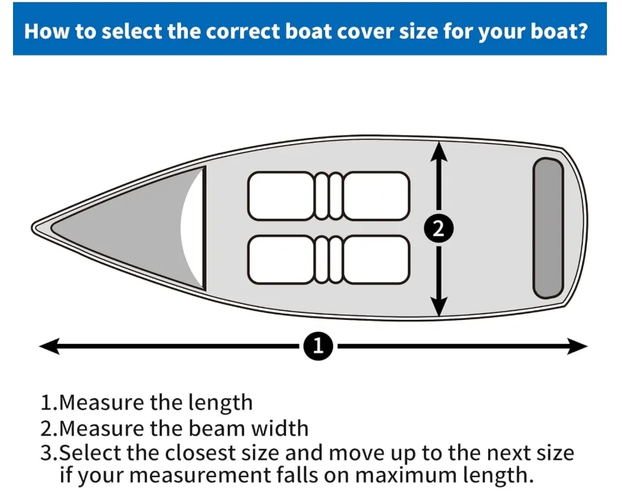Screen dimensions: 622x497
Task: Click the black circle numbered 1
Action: [318, 346]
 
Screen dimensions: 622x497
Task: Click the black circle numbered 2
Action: [438, 229]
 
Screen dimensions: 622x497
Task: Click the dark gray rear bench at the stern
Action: [548, 229]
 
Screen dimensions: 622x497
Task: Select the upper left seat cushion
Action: [281, 196]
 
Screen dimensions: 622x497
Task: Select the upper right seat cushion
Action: [376, 196]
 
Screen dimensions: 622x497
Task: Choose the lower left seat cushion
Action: [281, 259]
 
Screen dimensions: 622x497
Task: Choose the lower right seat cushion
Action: [376, 259]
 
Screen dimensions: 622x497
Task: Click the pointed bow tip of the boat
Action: [32, 228]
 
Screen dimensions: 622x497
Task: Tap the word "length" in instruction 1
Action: [220, 402]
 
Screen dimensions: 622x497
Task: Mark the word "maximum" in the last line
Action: [406, 475]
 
